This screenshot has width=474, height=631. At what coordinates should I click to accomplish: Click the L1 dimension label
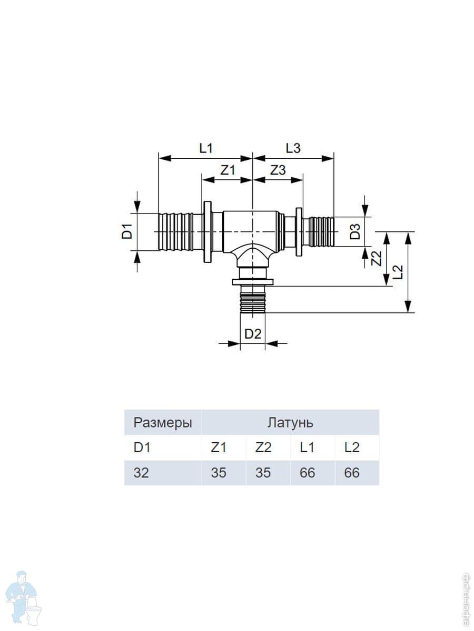click(x=206, y=148)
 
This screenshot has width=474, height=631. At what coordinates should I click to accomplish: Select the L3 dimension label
click(x=293, y=148)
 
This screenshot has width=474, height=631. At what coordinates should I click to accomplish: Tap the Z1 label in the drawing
click(x=228, y=170)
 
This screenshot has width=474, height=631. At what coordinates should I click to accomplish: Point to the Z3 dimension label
click(x=278, y=170)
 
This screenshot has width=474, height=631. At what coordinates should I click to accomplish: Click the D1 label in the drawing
click(x=127, y=231)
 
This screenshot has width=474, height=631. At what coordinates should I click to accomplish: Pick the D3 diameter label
click(x=355, y=232)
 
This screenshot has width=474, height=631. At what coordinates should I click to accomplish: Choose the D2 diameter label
click(x=253, y=334)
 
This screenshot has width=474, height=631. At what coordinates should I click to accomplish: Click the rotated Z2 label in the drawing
click(x=376, y=258)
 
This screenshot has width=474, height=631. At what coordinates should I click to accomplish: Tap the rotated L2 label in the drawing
click(x=398, y=271)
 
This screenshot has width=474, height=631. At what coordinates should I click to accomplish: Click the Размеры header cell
click(x=163, y=423)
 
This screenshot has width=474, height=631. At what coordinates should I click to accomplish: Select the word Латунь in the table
click(x=290, y=423)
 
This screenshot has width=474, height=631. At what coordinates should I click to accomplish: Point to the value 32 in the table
click(x=141, y=473)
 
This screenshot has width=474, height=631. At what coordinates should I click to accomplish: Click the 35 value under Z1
click(x=219, y=473)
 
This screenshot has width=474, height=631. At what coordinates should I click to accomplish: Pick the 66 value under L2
click(x=352, y=473)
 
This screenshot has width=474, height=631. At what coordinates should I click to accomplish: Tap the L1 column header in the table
click(x=307, y=447)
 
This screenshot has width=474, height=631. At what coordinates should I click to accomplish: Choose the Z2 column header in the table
click(x=263, y=447)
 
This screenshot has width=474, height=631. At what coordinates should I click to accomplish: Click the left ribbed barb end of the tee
click(x=175, y=231)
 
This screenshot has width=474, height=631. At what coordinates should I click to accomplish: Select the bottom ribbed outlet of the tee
click(x=252, y=299)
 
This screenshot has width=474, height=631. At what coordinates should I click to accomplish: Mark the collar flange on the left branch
click(x=208, y=232)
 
